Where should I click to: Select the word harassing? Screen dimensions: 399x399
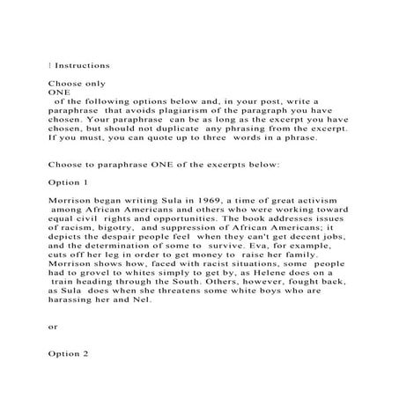[77, 299]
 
